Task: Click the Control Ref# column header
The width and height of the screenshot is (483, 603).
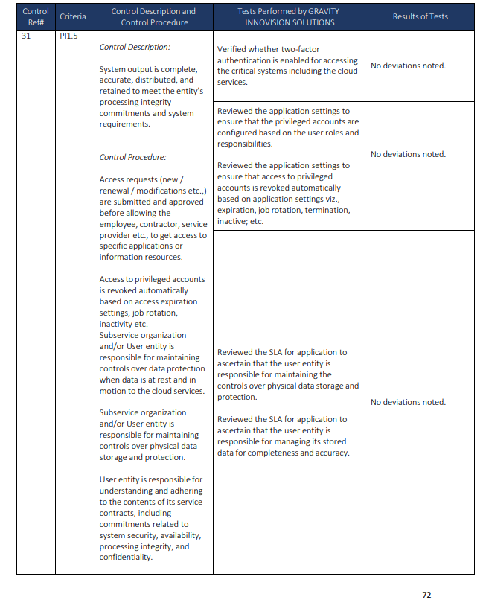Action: (x=36, y=16)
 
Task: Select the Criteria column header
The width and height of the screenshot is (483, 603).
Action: (x=72, y=16)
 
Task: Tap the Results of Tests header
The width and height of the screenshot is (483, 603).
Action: (x=420, y=16)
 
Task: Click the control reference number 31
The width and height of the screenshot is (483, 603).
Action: (x=27, y=36)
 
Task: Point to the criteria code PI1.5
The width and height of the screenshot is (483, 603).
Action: (x=69, y=36)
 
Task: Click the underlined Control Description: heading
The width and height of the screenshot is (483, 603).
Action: (x=135, y=47)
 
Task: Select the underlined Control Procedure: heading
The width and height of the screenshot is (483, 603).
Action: (x=133, y=158)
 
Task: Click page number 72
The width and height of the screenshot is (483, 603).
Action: (x=426, y=595)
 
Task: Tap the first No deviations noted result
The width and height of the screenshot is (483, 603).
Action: (x=408, y=66)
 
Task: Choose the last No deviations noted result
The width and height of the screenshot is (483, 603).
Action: (x=408, y=402)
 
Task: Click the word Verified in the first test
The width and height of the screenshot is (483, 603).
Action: (x=232, y=49)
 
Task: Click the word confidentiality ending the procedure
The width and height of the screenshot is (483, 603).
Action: (x=126, y=558)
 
